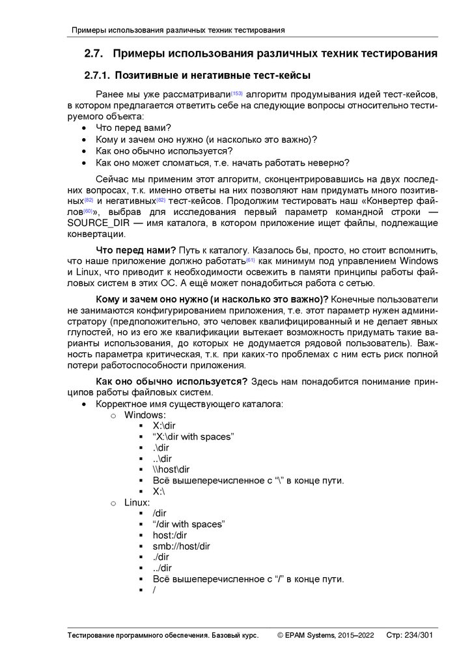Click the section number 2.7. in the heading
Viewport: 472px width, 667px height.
coord(96,53)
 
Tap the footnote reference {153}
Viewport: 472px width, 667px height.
coord(237,93)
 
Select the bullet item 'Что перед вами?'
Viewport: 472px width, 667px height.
coord(133,128)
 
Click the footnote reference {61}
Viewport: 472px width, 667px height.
coord(251,260)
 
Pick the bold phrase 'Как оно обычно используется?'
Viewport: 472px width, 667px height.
coord(171,380)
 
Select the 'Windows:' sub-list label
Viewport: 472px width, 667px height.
coord(145,415)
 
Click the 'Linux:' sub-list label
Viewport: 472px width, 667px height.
coord(137,503)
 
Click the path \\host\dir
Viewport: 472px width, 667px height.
coord(171,470)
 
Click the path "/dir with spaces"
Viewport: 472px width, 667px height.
coord(189,524)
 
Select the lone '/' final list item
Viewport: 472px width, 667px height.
coord(154,590)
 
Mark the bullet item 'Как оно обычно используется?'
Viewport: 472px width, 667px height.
coord(155,151)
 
